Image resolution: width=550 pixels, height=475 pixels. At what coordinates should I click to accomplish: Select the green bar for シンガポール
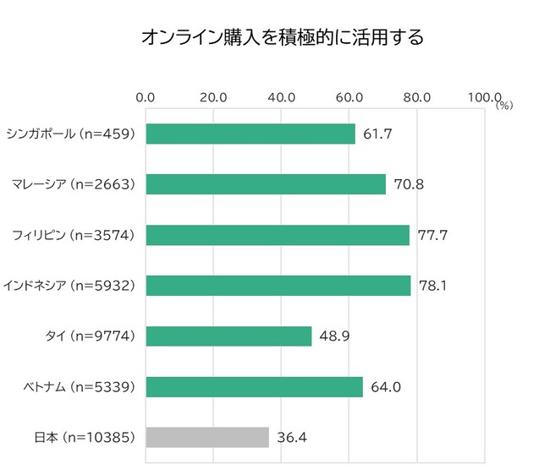tap(250, 134)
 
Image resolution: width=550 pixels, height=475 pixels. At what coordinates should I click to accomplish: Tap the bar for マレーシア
tap(266, 184)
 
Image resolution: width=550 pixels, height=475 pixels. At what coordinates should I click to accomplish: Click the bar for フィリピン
tap(278, 235)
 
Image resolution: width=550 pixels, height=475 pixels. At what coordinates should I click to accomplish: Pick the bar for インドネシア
tap(278, 286)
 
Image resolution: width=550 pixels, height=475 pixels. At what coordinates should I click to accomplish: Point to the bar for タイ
tap(228, 336)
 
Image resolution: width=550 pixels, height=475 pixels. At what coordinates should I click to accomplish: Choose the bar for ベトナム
tap(254, 387)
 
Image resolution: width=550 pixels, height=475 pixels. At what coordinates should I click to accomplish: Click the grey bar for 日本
tap(207, 437)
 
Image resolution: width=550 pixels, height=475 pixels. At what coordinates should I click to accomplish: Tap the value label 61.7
tap(378, 134)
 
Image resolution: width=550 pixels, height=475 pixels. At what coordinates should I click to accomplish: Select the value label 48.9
tap(334, 336)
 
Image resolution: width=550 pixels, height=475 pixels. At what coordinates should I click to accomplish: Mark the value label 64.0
tap(386, 387)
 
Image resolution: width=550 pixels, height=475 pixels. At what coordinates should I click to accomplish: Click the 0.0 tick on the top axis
tap(146, 98)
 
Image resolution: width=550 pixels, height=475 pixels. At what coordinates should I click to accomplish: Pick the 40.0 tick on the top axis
tap(281, 98)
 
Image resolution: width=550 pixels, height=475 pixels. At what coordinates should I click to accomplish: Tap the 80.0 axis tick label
tap(416, 98)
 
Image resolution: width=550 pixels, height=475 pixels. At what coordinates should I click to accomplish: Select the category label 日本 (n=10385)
tap(85, 437)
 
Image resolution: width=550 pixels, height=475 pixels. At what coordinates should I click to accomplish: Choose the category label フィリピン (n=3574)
tap(74, 235)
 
